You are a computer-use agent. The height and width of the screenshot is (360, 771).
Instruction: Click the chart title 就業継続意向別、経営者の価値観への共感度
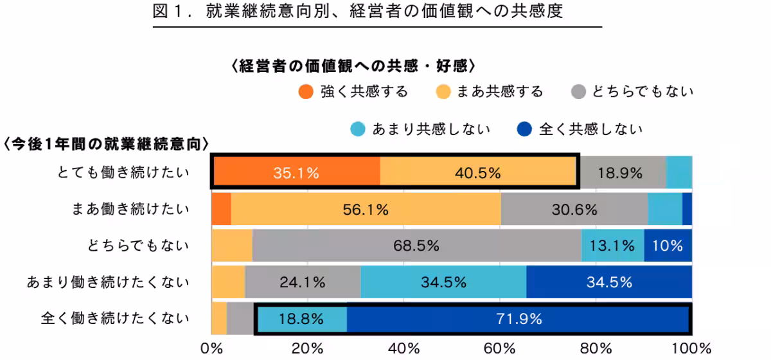378,13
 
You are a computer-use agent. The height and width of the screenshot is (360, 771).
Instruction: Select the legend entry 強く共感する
353,92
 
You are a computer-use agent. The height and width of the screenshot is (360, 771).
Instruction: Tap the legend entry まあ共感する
489,92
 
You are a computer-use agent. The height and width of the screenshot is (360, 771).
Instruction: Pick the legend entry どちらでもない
632,92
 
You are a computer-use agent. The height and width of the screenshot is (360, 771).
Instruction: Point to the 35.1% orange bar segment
296,173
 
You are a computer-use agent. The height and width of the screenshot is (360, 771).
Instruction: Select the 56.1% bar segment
366,210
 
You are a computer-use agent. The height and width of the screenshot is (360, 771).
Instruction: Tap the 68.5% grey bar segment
416,246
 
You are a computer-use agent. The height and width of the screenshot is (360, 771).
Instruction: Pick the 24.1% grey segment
303,282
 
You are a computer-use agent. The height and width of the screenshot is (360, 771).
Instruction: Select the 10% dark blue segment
668,246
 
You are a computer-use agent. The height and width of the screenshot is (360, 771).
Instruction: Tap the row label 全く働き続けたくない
116,318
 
